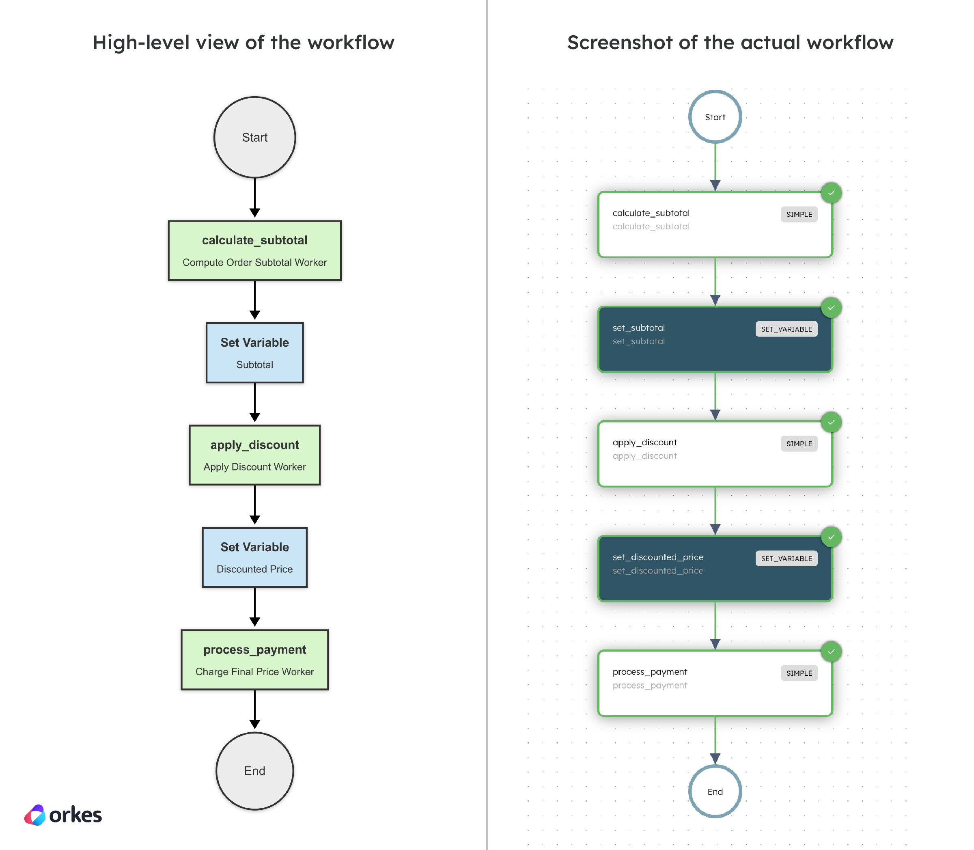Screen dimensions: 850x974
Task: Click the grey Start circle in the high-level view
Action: [254, 137]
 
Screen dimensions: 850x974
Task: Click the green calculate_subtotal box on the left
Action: [254, 250]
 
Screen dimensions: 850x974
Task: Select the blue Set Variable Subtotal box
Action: [254, 353]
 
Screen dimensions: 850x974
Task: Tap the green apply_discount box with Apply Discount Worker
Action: [254, 455]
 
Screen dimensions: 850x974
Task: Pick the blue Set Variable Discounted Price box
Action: [254, 557]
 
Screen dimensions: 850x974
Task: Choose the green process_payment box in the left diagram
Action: [254, 659]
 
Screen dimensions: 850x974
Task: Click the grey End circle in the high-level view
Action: [254, 771]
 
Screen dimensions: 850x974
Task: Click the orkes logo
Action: [63, 815]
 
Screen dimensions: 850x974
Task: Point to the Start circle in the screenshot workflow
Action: [715, 116]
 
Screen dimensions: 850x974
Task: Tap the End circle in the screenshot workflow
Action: [715, 791]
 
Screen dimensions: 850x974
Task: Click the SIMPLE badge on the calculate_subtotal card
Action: [799, 214]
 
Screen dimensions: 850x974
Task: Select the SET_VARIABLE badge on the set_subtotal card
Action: [786, 329]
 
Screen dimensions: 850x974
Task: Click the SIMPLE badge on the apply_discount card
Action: [799, 444]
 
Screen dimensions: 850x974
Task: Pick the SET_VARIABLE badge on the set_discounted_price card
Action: [786, 558]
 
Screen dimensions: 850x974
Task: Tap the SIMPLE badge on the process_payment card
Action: [799, 673]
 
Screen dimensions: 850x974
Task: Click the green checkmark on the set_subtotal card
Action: [831, 308]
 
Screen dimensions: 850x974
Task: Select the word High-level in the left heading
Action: [140, 43]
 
